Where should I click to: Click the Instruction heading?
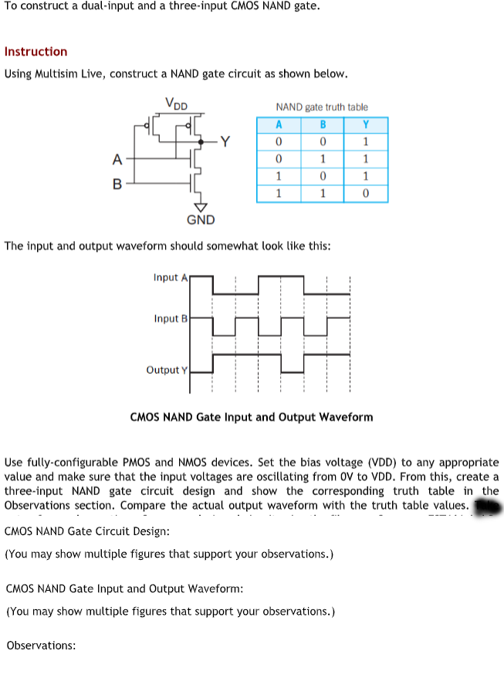(36, 52)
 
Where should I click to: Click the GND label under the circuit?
(201, 220)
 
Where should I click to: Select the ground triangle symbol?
(201, 205)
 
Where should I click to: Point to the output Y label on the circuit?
(225, 141)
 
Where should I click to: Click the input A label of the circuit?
(117, 160)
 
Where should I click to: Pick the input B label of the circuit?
(117, 185)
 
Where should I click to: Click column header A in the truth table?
(278, 125)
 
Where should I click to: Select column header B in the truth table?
(323, 125)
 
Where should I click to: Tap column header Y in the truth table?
(366, 125)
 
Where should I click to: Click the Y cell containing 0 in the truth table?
(366, 193)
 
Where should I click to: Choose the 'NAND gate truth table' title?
(322, 107)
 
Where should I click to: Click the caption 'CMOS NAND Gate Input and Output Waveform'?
(252, 417)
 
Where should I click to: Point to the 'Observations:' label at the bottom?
(41, 646)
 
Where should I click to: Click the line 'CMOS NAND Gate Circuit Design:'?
(87, 532)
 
